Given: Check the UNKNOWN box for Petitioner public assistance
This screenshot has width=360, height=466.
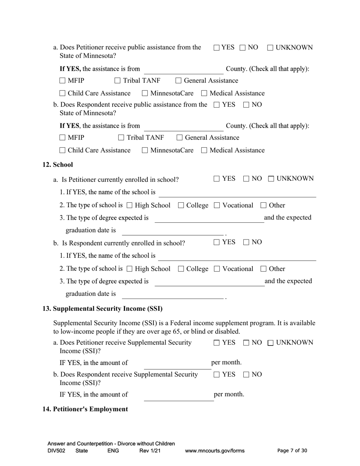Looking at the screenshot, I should pyautogui.click(x=270, y=48).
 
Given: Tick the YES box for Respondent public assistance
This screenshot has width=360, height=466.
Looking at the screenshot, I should pyautogui.click(x=216, y=105).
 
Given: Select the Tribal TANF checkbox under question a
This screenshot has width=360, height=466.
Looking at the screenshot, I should pyautogui.click(x=117, y=81).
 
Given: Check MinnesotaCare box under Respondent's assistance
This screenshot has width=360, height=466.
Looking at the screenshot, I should pyautogui.click(x=145, y=150).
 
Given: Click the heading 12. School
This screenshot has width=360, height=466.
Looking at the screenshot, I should pyautogui.click(x=58, y=165).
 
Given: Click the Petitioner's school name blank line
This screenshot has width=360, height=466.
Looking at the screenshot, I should pyautogui.click(x=237, y=193).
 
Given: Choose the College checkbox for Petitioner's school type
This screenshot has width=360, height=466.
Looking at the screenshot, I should pyautogui.click(x=181, y=205).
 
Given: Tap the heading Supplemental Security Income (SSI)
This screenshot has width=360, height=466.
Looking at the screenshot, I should pyautogui.click(x=102, y=309).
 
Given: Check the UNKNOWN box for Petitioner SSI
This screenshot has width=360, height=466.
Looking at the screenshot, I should pyautogui.click(x=271, y=343).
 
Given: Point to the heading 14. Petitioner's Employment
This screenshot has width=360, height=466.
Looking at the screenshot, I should pyautogui.click(x=85, y=409).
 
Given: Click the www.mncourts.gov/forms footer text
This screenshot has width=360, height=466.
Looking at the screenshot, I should pyautogui.click(x=214, y=451).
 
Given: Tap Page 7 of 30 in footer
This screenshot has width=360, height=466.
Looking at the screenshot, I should pyautogui.click(x=292, y=451).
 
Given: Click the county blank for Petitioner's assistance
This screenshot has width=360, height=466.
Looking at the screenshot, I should pyautogui.click(x=183, y=70).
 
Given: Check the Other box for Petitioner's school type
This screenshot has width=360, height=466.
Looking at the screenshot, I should pyautogui.click(x=263, y=205).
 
